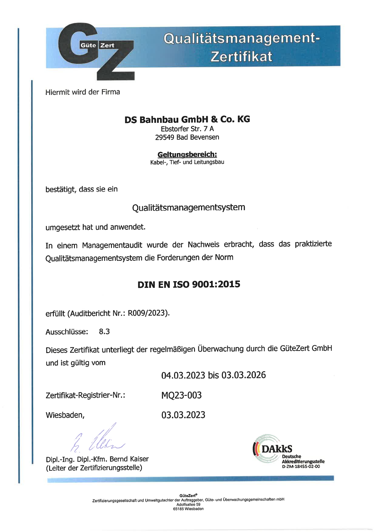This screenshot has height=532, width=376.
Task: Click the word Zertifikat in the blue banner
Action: point(241,57)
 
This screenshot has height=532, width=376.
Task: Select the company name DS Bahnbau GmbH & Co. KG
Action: point(187,120)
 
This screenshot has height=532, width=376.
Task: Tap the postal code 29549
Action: point(164,137)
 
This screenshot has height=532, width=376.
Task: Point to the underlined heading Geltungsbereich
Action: point(187,155)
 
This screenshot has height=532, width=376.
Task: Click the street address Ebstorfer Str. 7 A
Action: point(187,129)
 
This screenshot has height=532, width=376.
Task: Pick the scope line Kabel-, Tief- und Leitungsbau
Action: point(187,162)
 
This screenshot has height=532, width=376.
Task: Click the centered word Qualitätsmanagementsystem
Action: point(188,208)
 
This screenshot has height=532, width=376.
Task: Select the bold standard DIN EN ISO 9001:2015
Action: point(189,285)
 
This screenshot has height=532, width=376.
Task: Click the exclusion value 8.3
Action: point(104,332)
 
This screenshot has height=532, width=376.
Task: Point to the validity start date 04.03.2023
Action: point(183,375)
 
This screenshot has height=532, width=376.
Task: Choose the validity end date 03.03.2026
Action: point(243,375)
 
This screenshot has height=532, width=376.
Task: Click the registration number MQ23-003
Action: point(181,395)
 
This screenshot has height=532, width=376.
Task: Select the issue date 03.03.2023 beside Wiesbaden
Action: point(183,415)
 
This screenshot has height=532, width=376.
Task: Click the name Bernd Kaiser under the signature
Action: point(129,459)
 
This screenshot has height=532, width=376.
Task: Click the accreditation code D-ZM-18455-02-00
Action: point(301,466)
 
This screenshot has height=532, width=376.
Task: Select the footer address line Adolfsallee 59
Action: point(188,504)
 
